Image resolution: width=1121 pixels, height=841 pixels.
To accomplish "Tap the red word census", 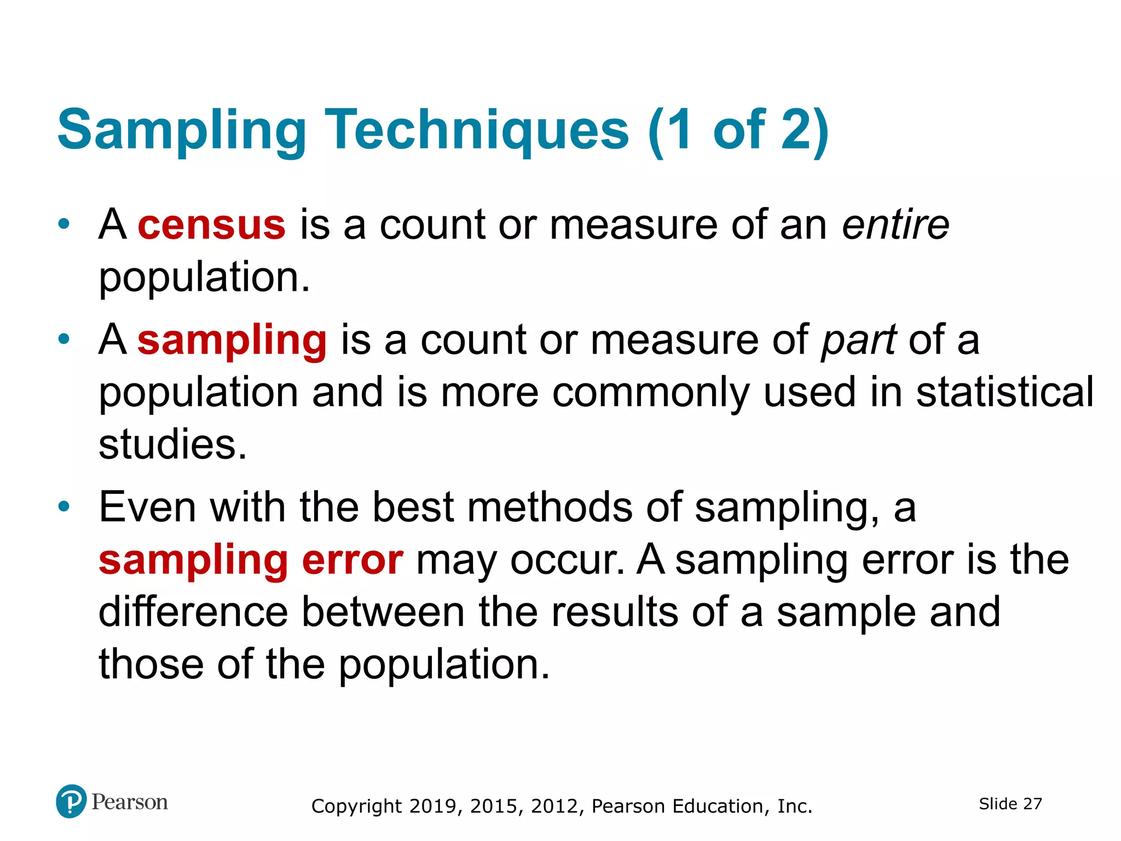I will click(211, 224).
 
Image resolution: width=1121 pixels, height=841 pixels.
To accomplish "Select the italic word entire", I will click(895, 224).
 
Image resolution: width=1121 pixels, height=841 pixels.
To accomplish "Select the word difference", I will click(193, 612).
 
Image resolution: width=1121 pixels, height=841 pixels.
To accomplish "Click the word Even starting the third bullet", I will click(147, 507).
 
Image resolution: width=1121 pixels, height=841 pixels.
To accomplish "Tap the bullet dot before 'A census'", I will click(64, 224).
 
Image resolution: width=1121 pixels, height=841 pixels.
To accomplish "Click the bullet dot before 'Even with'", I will click(64, 506).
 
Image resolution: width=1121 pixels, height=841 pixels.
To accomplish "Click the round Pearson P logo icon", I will click(71, 801).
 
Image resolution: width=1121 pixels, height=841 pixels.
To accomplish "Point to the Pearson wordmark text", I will click(130, 802).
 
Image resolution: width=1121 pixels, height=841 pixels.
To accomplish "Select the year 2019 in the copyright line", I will click(432, 806).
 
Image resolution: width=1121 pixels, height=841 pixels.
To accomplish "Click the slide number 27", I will click(1032, 804).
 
